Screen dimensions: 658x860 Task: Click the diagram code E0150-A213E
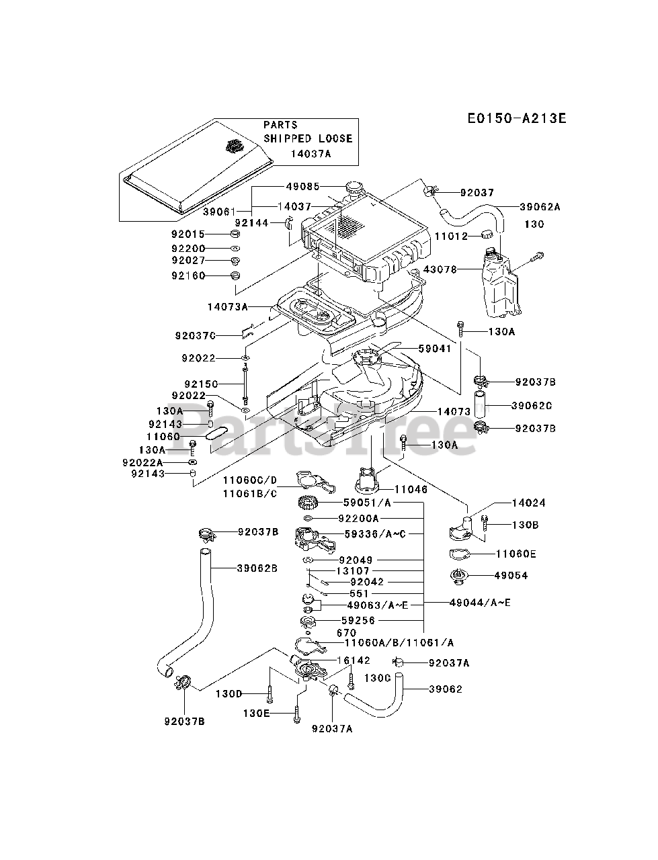[x=517, y=118]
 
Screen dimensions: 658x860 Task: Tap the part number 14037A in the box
[x=311, y=154]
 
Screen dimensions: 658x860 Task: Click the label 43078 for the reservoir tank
[x=440, y=269]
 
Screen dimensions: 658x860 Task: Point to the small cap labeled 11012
[x=487, y=234]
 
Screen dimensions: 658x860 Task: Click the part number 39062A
[x=540, y=207]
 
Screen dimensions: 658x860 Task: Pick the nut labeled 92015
[x=235, y=234]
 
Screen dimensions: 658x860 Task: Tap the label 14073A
[x=228, y=306]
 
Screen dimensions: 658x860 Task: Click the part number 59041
[x=435, y=348]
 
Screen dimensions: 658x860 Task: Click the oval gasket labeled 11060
[x=216, y=433]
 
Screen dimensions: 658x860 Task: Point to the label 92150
[x=201, y=384]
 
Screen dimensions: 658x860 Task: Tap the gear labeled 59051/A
[x=307, y=503]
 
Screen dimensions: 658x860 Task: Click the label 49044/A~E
[x=480, y=602]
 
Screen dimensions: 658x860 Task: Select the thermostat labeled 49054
[x=458, y=578]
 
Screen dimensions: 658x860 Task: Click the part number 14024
[x=529, y=503]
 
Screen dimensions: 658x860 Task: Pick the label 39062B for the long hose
[x=257, y=568]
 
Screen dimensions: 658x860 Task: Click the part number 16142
[x=354, y=660]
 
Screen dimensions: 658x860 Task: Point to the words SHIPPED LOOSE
[x=308, y=138]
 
